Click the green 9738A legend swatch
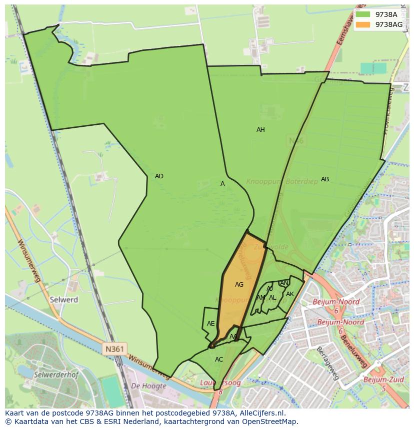point(363,14)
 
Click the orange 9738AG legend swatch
point(363,24)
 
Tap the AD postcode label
point(159,176)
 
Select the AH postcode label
point(260,130)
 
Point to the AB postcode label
point(325,179)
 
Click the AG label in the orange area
point(239,285)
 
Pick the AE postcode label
point(211,324)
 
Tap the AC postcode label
point(219,360)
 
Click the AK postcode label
point(290,294)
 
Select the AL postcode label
point(272,298)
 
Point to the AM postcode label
point(260,298)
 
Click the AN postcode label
point(284,283)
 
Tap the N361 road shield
point(115,349)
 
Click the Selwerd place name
point(64,300)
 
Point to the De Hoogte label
point(148,386)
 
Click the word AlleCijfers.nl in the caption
point(259,413)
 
